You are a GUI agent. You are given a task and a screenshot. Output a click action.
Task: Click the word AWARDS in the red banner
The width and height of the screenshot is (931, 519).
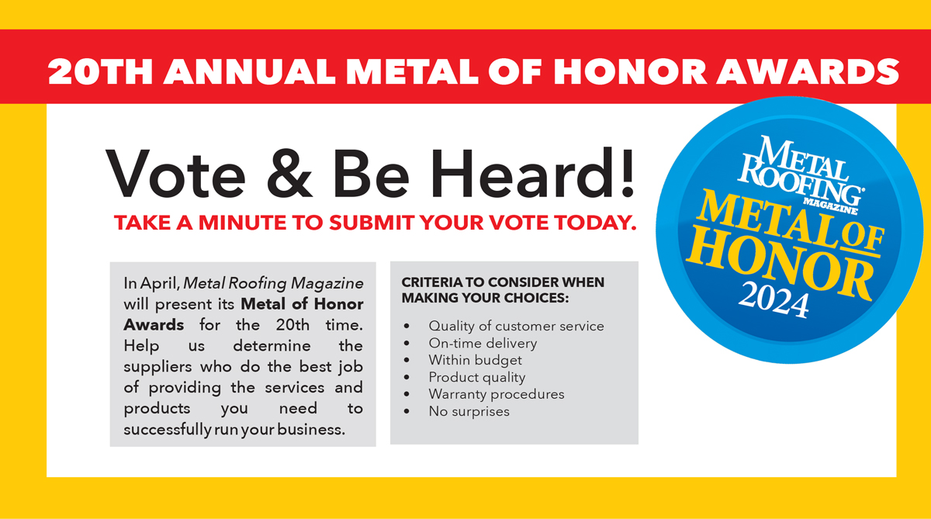[808, 71]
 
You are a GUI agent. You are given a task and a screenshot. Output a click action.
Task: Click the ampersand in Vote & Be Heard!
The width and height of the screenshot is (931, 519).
[289, 174]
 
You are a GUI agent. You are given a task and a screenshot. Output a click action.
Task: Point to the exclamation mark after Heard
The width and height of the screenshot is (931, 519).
[628, 172]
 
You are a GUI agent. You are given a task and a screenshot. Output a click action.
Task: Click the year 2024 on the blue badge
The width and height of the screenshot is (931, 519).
[774, 299]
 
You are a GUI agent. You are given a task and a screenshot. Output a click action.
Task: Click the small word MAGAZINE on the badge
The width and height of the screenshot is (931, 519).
[830, 206]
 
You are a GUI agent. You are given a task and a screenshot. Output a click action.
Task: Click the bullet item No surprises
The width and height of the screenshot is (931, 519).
[469, 411]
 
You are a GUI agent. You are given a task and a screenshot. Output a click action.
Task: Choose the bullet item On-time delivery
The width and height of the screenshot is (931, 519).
[483, 343]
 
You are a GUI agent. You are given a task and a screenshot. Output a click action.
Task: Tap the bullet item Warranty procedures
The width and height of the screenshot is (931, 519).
[497, 394]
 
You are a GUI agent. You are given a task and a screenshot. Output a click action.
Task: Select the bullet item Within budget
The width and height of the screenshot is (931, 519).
[475, 360]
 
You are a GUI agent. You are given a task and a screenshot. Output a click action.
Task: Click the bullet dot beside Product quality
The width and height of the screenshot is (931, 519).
[407, 377]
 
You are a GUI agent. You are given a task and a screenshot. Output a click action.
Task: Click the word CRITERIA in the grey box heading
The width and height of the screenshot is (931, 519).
[432, 282]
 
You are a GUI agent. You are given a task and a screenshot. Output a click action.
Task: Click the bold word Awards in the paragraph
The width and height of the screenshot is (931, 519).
[154, 325]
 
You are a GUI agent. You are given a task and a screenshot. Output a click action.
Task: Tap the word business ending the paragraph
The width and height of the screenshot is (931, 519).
[311, 429]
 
